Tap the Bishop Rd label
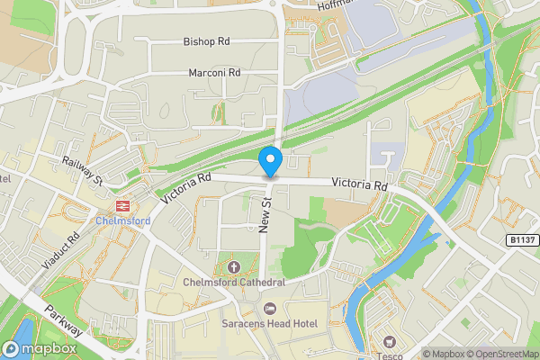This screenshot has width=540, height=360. [x=206, y=42]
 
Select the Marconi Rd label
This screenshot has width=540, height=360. [x=214, y=73]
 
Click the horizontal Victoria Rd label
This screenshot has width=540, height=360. [x=359, y=184]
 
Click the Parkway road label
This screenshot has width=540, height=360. [x=62, y=319]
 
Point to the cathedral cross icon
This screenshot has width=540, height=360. [x=234, y=266]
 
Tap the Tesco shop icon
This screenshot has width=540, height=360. [x=390, y=341]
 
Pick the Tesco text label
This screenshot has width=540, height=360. [x=390, y=355]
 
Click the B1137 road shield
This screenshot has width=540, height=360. [x=521, y=240]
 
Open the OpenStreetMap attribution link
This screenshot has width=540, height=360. [x=502, y=354]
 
